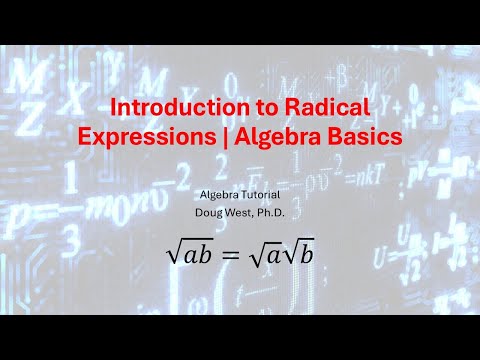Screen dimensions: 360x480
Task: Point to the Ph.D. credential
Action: click(283, 212)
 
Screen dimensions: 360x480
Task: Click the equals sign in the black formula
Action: click(230, 255)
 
